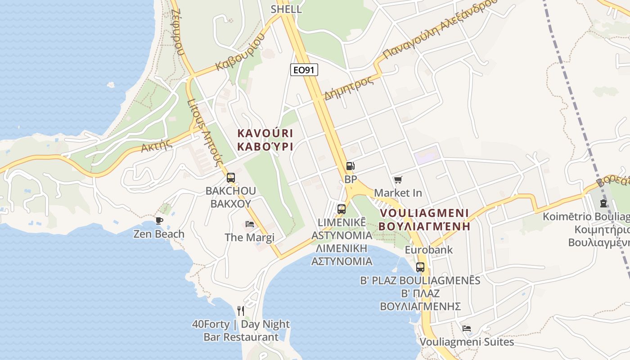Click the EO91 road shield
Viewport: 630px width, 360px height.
pos(304,69)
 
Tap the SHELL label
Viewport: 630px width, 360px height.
pos(286,9)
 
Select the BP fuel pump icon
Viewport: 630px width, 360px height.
pos(350,166)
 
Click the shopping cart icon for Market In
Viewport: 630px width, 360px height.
pos(398,180)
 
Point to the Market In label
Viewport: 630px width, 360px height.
pos(398,193)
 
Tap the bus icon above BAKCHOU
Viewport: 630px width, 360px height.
pos(231,178)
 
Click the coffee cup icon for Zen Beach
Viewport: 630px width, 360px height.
pos(159,220)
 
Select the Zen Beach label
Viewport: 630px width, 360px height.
pos(159,234)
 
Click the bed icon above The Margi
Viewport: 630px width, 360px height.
pos(250,224)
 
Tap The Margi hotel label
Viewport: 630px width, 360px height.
pos(250,238)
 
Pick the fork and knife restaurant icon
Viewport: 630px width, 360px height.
pos(241,310)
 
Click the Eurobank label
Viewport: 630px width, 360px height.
pos(428,250)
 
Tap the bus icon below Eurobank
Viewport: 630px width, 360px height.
pos(420,267)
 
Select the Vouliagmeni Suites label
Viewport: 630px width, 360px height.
pos(467,342)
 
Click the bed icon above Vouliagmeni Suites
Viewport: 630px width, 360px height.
pos(467,328)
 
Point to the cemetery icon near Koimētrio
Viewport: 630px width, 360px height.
pos(603,203)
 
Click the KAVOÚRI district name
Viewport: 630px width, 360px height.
pos(265,133)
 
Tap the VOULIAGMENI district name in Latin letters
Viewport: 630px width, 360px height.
pos(424,213)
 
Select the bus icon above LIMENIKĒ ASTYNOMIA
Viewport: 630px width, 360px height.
pos(342,209)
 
